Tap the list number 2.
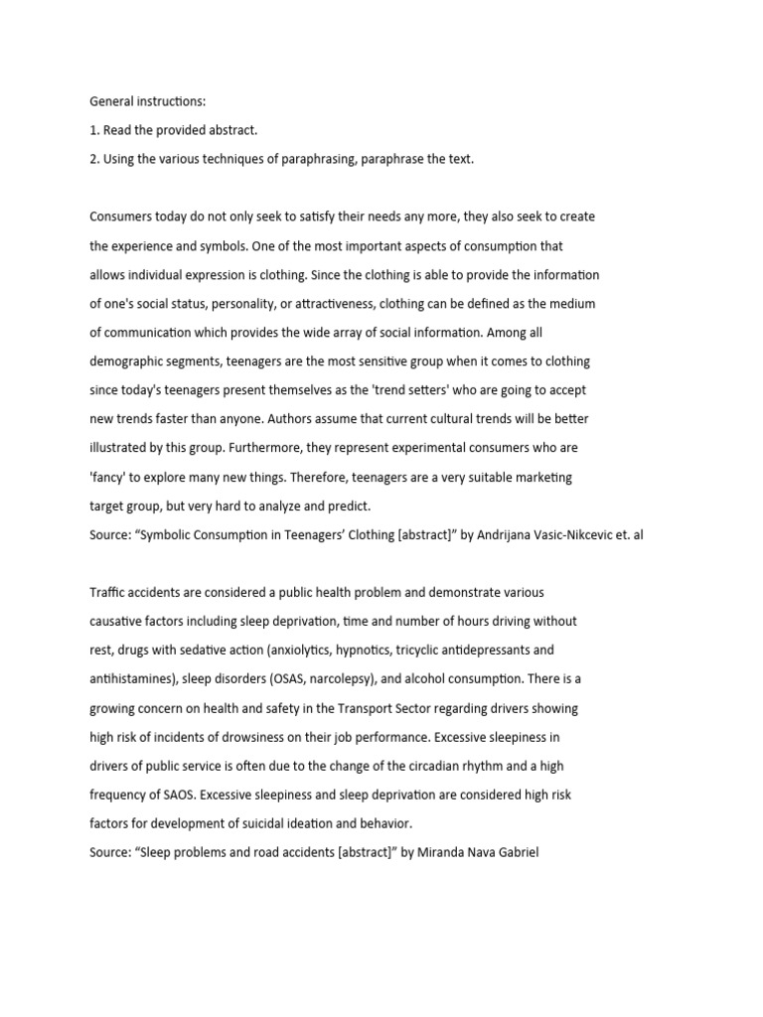(94, 159)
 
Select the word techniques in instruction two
(231, 159)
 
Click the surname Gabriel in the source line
(513, 853)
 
